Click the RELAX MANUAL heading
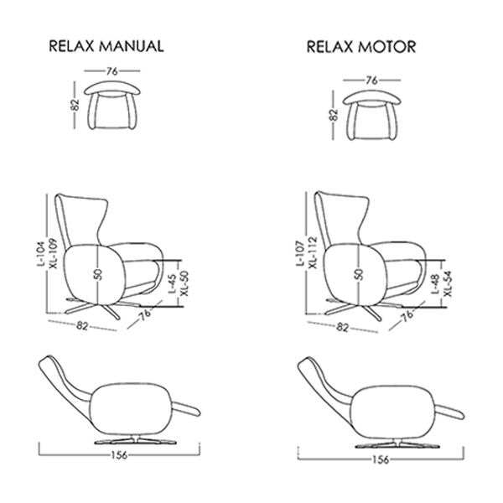[x=106, y=46]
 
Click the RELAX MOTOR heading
[x=361, y=47]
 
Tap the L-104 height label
[x=40, y=254]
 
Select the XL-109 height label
[x=53, y=253]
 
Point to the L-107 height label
[x=299, y=253]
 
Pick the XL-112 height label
[x=312, y=253]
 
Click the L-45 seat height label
[x=173, y=283]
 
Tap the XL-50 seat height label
[x=185, y=283]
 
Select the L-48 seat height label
[x=435, y=284]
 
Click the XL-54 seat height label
[x=449, y=284]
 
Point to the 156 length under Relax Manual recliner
[x=119, y=454]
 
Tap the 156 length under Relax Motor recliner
[x=381, y=459]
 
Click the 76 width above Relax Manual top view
[x=112, y=71]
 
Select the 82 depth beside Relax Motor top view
[x=334, y=115]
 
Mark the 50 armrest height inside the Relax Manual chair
[x=99, y=274]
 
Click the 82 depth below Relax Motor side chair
[x=342, y=328]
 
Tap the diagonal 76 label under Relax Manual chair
[x=145, y=314]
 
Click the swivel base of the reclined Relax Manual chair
[x=136, y=441]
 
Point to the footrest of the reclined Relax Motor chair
[x=449, y=412]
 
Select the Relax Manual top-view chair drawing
[x=112, y=105]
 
